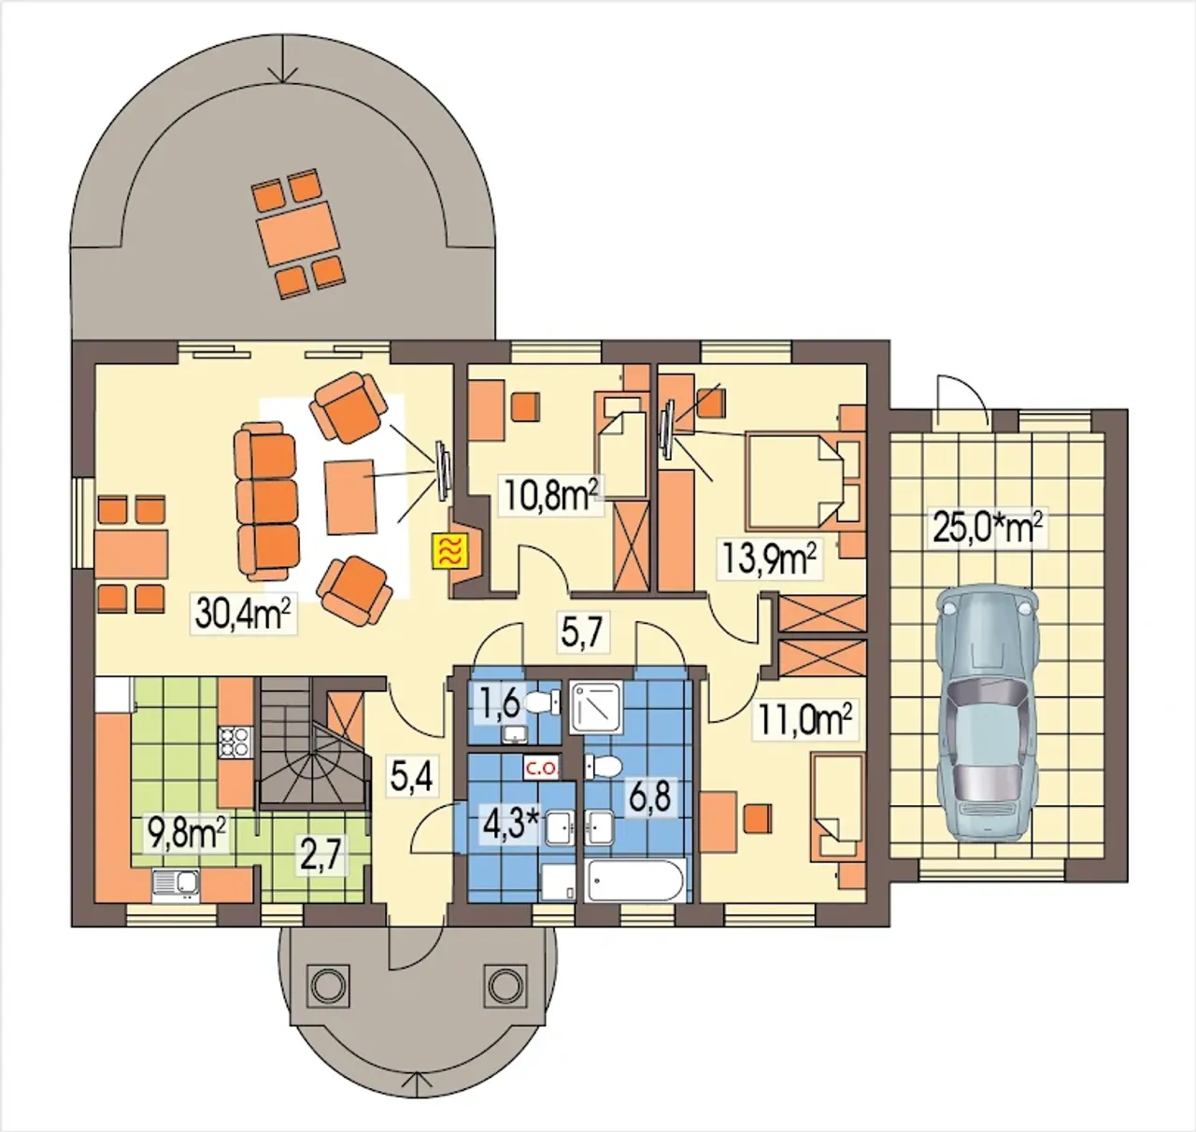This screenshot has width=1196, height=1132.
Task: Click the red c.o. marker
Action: (x=541, y=769)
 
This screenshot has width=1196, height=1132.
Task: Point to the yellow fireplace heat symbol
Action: (x=450, y=552)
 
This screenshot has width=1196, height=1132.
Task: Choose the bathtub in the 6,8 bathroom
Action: (x=634, y=879)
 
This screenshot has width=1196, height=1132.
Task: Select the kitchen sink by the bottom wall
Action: (x=176, y=885)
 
